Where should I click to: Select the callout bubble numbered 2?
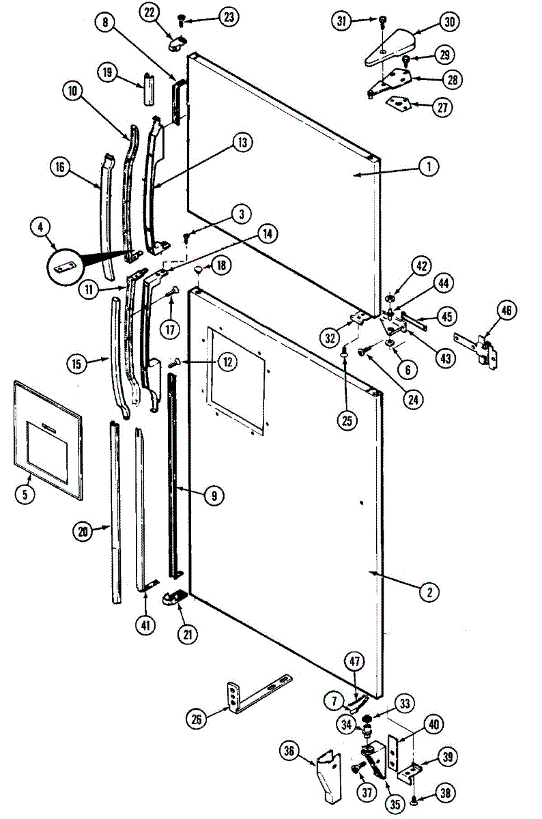[x=429, y=592]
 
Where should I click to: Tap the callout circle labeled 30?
[x=449, y=21]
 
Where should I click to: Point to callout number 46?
[x=505, y=311]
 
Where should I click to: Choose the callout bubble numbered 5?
[x=25, y=495]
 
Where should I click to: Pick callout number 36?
[x=289, y=751]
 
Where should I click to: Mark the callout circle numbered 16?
[x=60, y=167]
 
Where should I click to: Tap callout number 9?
[x=214, y=496]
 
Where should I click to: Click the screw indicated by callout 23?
[x=182, y=18]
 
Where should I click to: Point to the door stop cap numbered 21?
[x=176, y=598]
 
